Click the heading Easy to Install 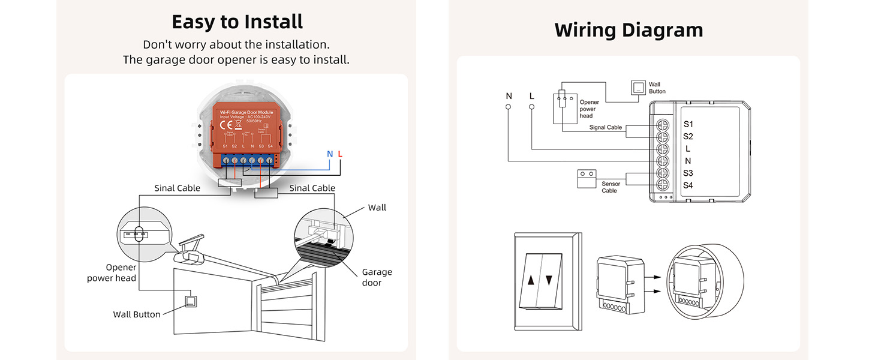pos(237,22)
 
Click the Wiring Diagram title pos(628,29)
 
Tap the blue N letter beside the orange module pos(329,154)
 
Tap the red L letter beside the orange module pos(340,154)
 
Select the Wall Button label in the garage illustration pos(137,314)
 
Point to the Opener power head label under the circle pos(112,272)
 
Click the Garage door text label pos(377,277)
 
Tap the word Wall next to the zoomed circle pos(377,208)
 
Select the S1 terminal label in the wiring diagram pos(688,124)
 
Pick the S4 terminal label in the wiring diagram pos(688,185)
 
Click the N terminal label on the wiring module pos(688,161)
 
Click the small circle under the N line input pos(509,107)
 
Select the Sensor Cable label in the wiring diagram pos(611,187)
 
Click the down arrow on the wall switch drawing pos(549,279)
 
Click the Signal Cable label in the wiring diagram pos(606,128)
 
